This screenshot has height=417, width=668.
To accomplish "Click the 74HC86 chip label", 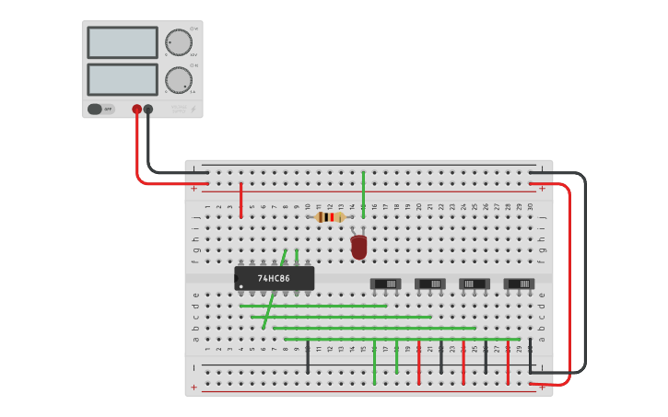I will (x=274, y=278).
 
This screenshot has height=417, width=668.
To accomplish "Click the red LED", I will (x=358, y=247).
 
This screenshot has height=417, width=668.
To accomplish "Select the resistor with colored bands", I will (x=330, y=217).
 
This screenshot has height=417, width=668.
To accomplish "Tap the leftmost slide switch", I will (x=386, y=284).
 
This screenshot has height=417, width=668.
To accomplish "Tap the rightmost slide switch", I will (x=519, y=284).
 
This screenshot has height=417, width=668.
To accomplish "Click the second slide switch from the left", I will (x=430, y=284).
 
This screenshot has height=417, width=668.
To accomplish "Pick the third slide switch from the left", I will (x=475, y=284).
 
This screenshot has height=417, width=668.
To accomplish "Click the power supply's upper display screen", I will (x=123, y=42).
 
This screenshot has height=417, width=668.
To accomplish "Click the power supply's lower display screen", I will (x=123, y=79).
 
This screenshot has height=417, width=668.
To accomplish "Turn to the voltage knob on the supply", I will (x=177, y=42).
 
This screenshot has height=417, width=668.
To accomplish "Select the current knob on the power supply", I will (x=177, y=79).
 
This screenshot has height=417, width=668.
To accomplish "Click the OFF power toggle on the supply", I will (x=100, y=109).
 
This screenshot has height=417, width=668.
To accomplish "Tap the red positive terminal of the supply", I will (x=137, y=109).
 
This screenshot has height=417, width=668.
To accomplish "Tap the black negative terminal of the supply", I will (x=148, y=109).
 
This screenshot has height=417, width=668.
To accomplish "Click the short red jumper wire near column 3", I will (x=240, y=200).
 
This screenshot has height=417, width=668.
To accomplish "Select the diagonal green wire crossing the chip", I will (x=275, y=289).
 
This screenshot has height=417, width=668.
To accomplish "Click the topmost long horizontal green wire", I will (x=313, y=306).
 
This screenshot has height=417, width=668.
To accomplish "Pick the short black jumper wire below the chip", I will (x=308, y=356).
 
